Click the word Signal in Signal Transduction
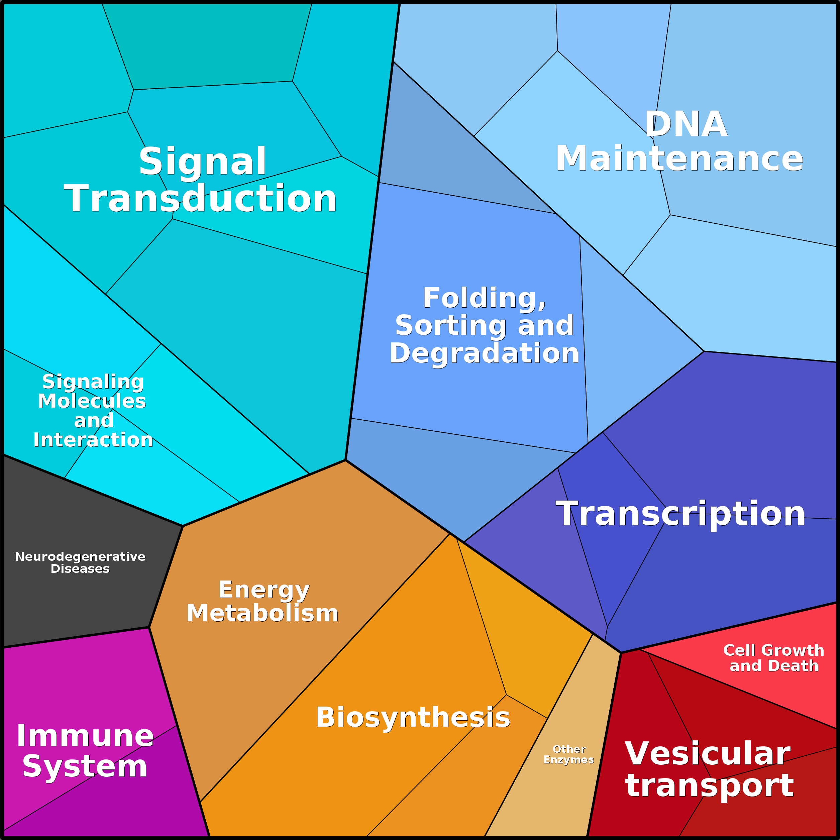click(x=202, y=161)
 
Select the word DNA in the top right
click(x=686, y=124)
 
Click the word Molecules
click(x=92, y=401)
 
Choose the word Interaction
click(x=93, y=440)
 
